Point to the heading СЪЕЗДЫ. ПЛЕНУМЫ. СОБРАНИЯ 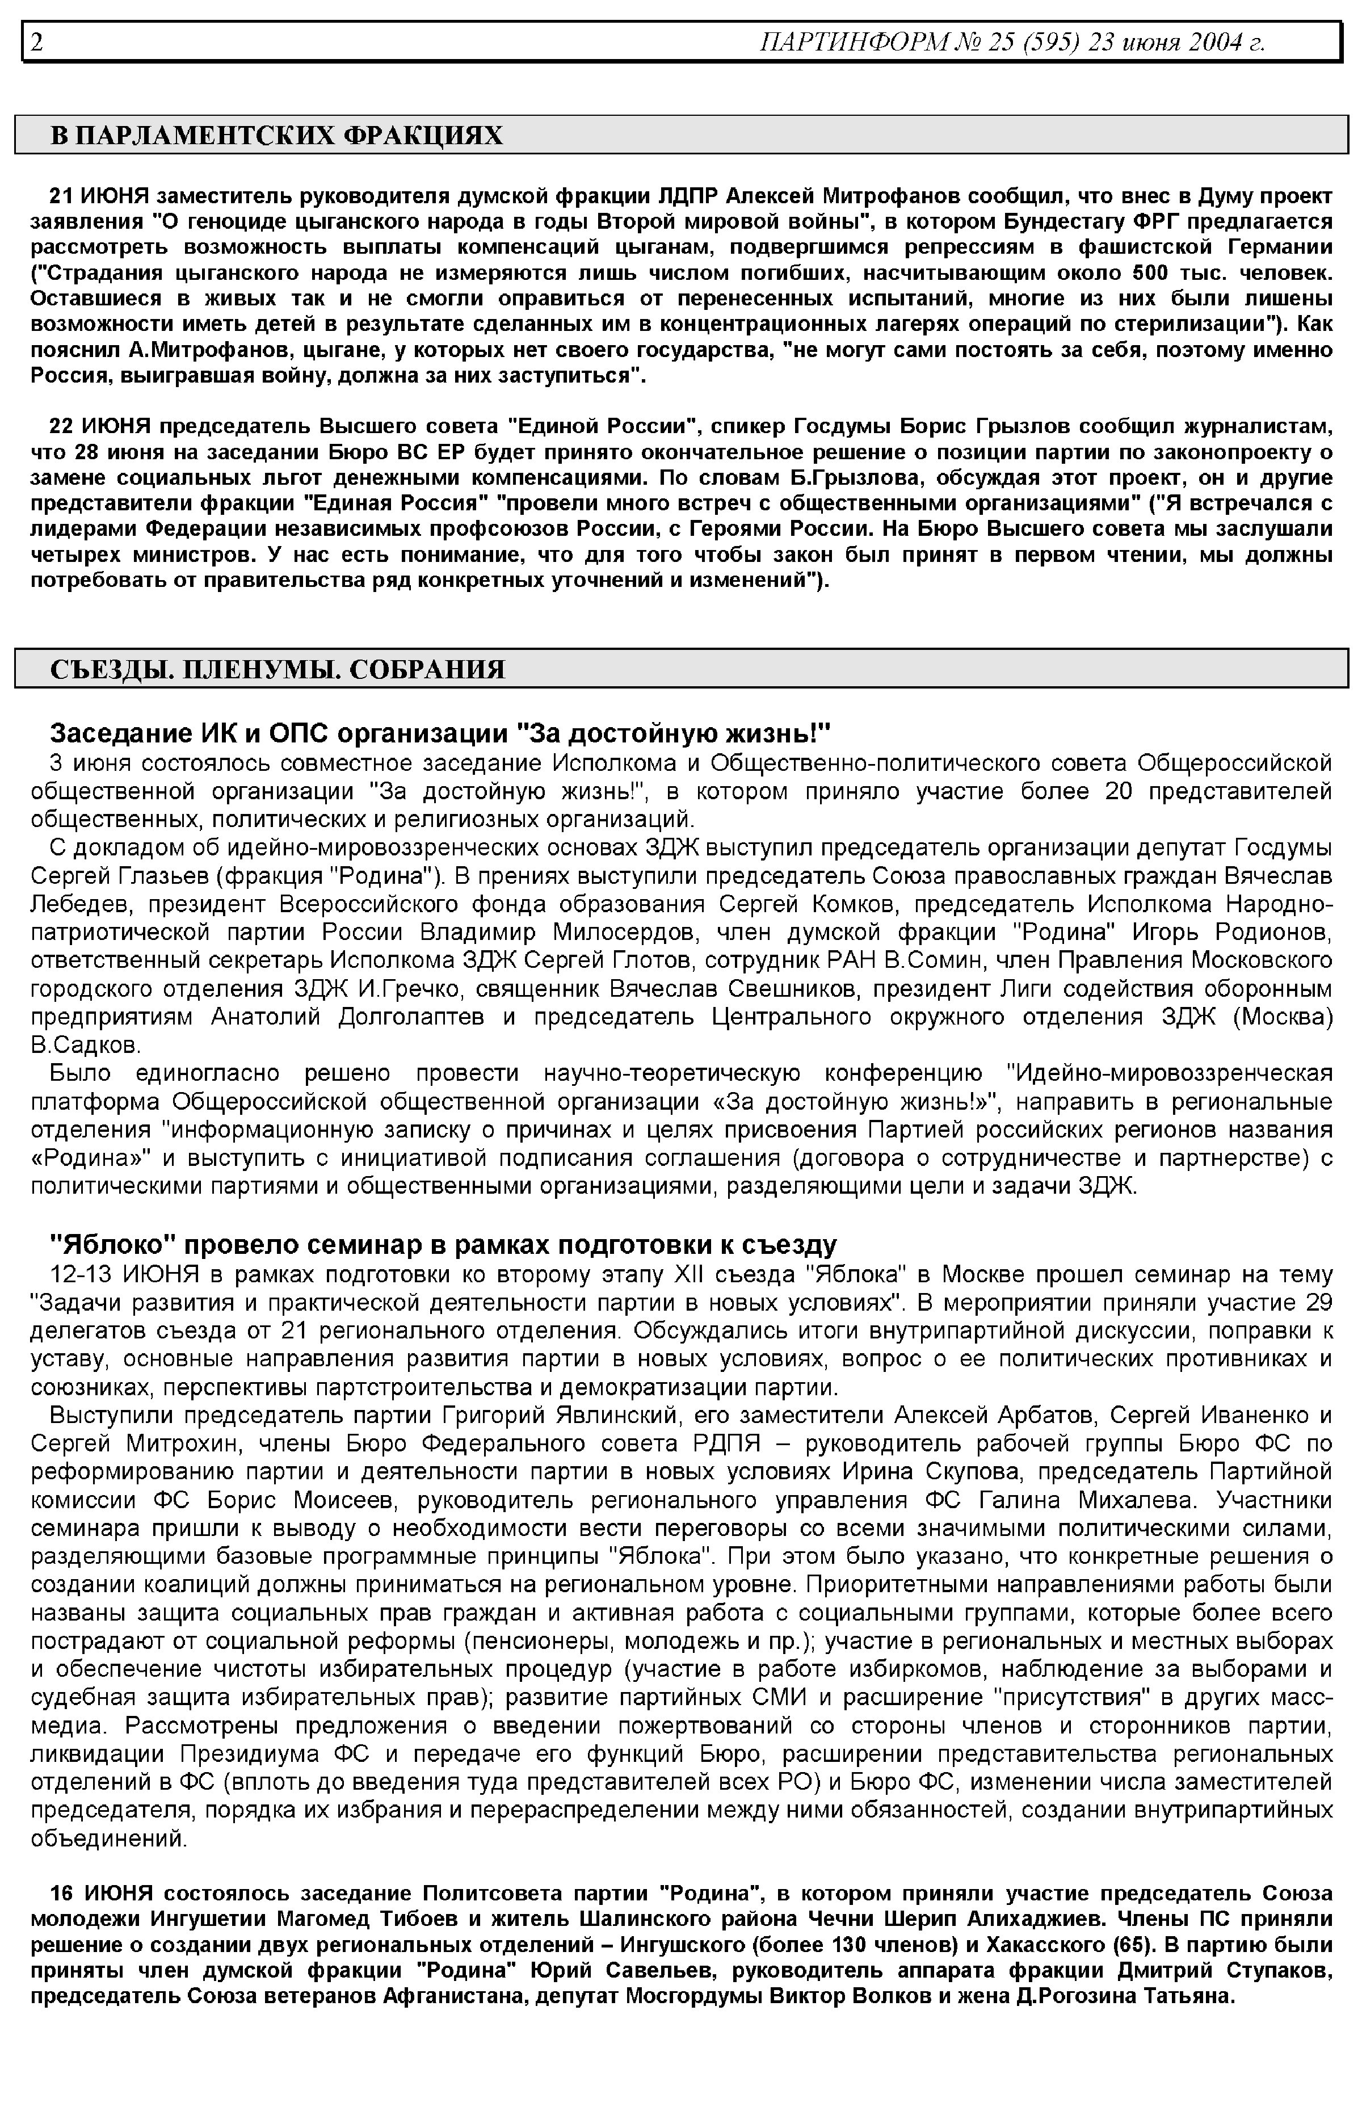(278, 669)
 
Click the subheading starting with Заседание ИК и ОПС (440, 733)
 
